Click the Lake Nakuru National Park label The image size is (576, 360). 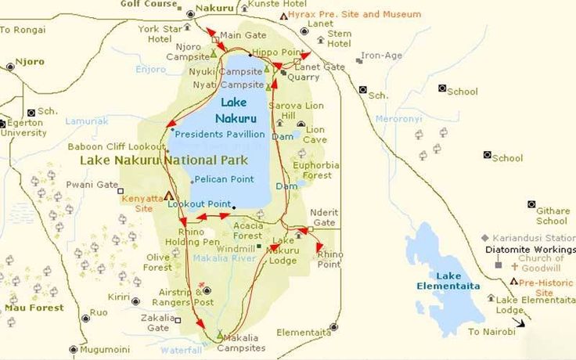(x=164, y=160)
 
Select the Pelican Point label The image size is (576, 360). (x=225, y=179)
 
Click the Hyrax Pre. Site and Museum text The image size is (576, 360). (x=354, y=14)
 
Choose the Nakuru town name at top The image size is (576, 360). (x=214, y=8)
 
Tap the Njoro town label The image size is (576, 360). (x=31, y=62)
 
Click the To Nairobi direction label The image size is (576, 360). (x=491, y=332)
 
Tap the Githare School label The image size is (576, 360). (x=552, y=215)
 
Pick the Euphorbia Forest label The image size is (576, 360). (x=316, y=170)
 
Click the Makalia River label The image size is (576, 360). (x=225, y=258)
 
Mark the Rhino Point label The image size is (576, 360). (x=329, y=259)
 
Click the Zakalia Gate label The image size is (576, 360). (x=154, y=323)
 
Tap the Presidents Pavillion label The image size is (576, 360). (x=220, y=134)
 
